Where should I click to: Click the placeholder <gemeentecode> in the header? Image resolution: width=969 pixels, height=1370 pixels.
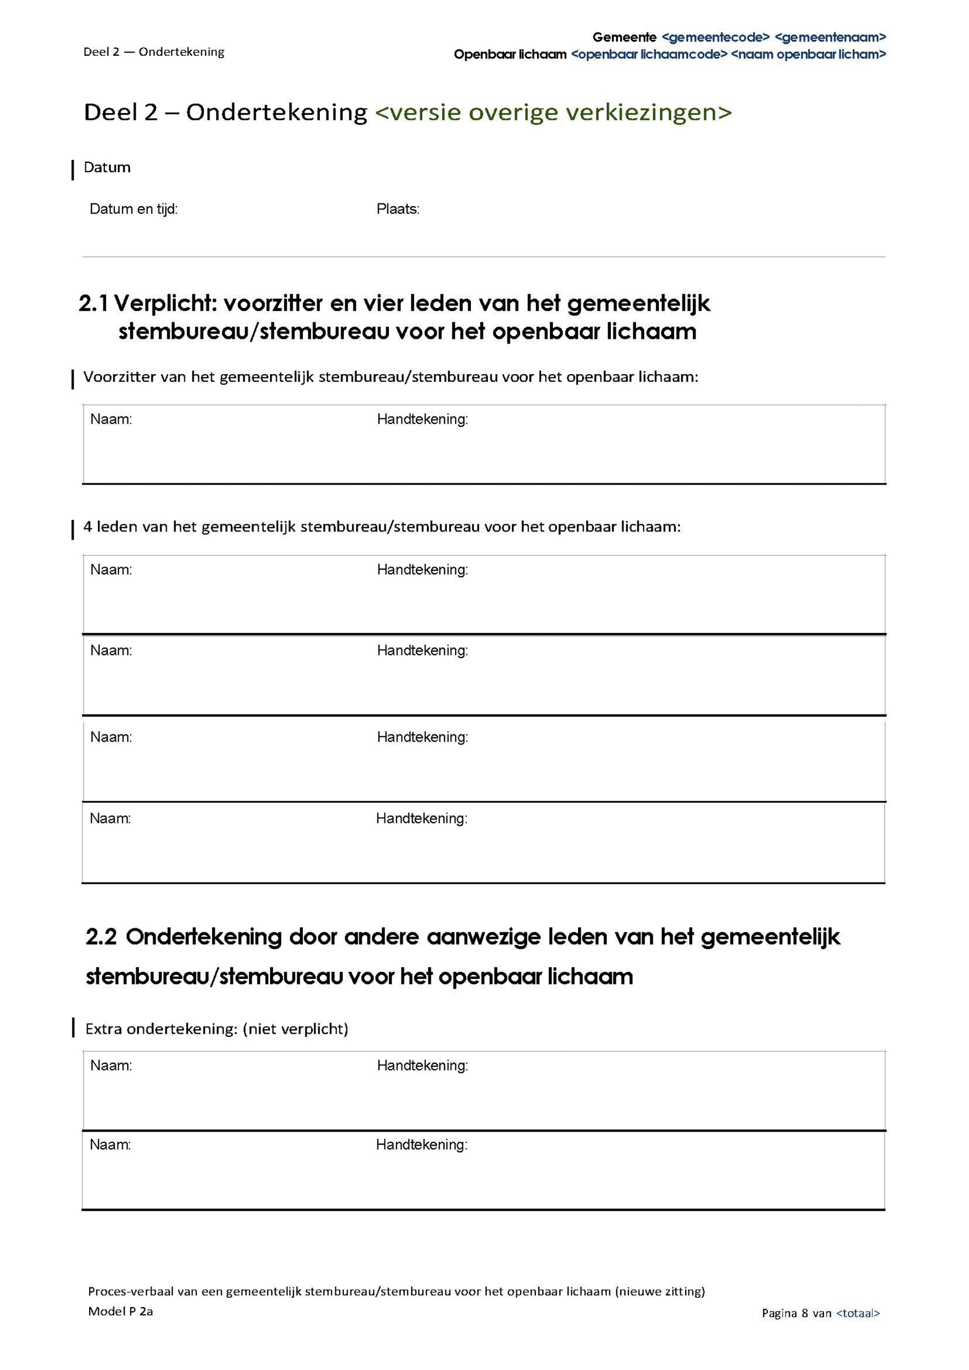[x=715, y=38]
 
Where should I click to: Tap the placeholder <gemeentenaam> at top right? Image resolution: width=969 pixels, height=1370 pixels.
[x=830, y=38]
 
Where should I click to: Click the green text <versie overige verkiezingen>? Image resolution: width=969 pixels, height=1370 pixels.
[x=552, y=112]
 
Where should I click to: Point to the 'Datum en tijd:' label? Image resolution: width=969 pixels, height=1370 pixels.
[x=133, y=209]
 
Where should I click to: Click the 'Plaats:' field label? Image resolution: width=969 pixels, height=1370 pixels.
[x=398, y=209]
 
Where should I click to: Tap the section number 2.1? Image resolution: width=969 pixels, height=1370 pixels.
[x=93, y=304]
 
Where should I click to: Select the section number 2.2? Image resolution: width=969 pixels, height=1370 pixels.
[x=101, y=937]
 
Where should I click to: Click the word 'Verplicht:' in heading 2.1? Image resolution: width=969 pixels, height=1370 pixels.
[x=164, y=304]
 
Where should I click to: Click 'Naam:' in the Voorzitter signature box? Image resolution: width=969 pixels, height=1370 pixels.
[x=111, y=419]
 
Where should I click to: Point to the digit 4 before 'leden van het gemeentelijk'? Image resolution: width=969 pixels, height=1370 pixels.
[x=87, y=527]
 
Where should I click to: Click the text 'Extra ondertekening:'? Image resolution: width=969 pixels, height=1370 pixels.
[x=162, y=1029]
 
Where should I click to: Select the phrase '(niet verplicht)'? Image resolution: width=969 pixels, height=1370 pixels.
[x=295, y=1029]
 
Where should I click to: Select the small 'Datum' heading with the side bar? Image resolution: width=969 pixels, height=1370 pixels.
[x=107, y=168]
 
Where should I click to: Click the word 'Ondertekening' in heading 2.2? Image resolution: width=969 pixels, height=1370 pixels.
[x=203, y=937]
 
